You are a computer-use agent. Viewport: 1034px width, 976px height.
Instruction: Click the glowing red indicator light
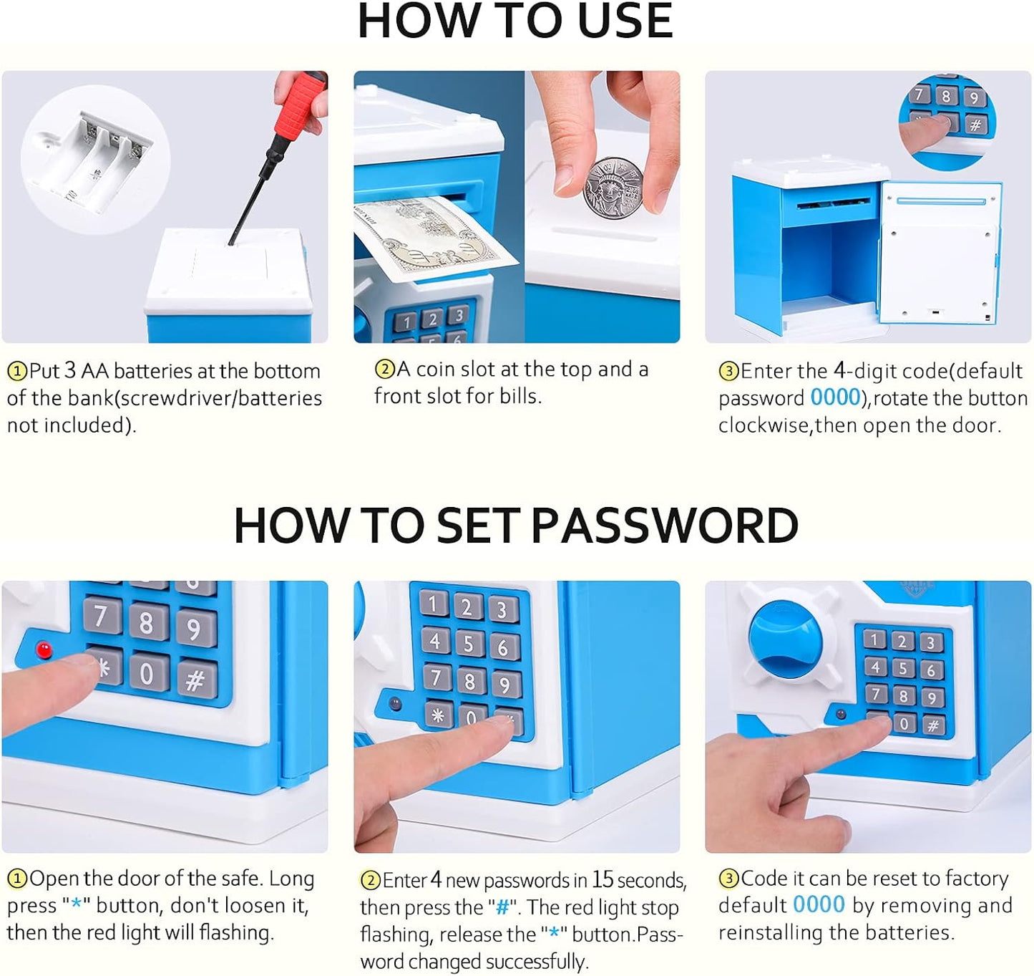tap(44, 649)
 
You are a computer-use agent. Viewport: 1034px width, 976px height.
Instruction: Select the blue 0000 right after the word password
tap(835, 397)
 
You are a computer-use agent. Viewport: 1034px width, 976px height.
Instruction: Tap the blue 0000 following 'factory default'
tap(819, 904)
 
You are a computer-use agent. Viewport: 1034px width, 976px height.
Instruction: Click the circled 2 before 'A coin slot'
tap(385, 369)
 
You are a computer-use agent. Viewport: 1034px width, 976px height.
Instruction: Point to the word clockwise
tap(764, 426)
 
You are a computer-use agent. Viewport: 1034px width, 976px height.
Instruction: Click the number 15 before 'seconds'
tap(603, 879)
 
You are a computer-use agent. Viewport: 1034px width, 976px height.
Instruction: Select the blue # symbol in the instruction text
tap(502, 907)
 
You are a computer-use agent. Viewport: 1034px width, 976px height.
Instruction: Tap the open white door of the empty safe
tap(940, 252)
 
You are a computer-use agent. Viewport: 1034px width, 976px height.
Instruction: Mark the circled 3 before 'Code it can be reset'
tap(729, 879)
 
